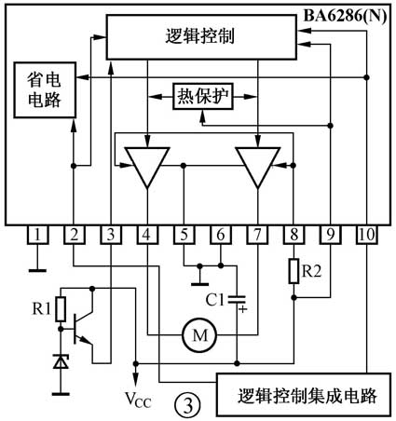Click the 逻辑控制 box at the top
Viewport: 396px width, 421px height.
201,36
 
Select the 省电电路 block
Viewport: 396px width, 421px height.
45,90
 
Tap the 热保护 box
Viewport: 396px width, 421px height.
203,96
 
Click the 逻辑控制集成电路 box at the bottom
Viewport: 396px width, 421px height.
304,395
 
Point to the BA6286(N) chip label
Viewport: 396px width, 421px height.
345,16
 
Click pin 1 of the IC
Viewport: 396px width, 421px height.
37,235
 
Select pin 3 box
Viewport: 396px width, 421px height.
111,235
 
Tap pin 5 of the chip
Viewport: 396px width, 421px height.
184,235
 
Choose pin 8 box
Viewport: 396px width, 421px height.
294,235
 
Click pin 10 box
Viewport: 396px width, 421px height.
367,235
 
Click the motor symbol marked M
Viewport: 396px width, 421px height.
199,335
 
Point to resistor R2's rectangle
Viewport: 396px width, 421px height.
294,271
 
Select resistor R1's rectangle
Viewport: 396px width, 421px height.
61,309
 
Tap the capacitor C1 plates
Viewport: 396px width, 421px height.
237,299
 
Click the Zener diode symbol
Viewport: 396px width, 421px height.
61,361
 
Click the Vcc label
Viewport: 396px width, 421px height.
138,400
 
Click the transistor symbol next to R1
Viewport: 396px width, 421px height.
81,328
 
